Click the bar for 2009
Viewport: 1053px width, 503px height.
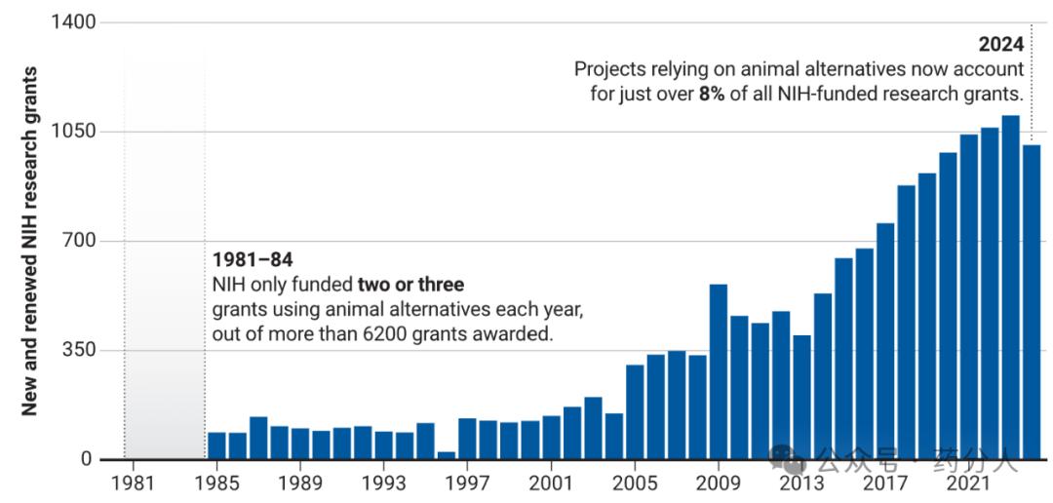click(x=719, y=371)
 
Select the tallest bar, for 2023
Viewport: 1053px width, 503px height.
click(x=1011, y=288)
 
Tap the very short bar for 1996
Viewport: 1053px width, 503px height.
click(x=447, y=455)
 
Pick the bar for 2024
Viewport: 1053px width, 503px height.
click(x=1032, y=302)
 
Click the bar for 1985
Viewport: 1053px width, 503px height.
click(x=216, y=445)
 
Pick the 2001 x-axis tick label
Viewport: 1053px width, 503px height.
click(x=551, y=483)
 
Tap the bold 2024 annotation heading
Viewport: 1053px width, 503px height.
click(x=1001, y=45)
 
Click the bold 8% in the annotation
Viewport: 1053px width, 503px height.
click(x=712, y=95)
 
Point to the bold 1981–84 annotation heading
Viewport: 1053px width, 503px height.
click(x=253, y=261)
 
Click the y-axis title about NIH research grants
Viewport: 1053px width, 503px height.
click(x=30, y=241)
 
